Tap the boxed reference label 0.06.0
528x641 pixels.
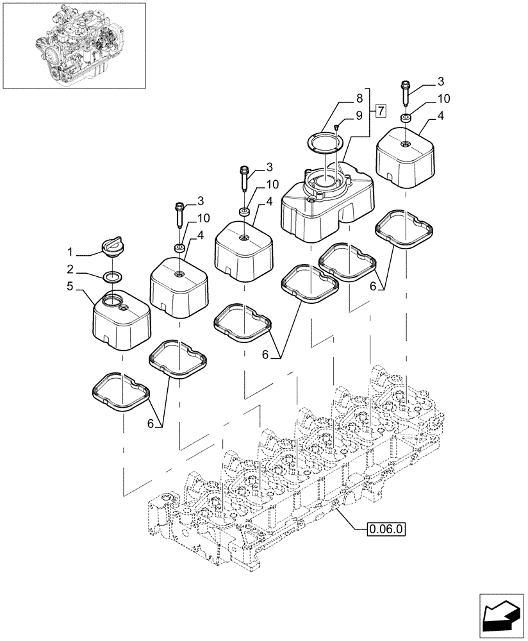click(x=387, y=529)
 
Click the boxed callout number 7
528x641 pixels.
click(x=381, y=112)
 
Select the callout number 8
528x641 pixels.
click(x=359, y=99)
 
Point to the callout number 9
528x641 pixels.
click(x=359, y=116)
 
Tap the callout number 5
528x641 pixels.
click(x=71, y=287)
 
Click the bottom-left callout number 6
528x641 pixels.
click(x=151, y=423)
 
